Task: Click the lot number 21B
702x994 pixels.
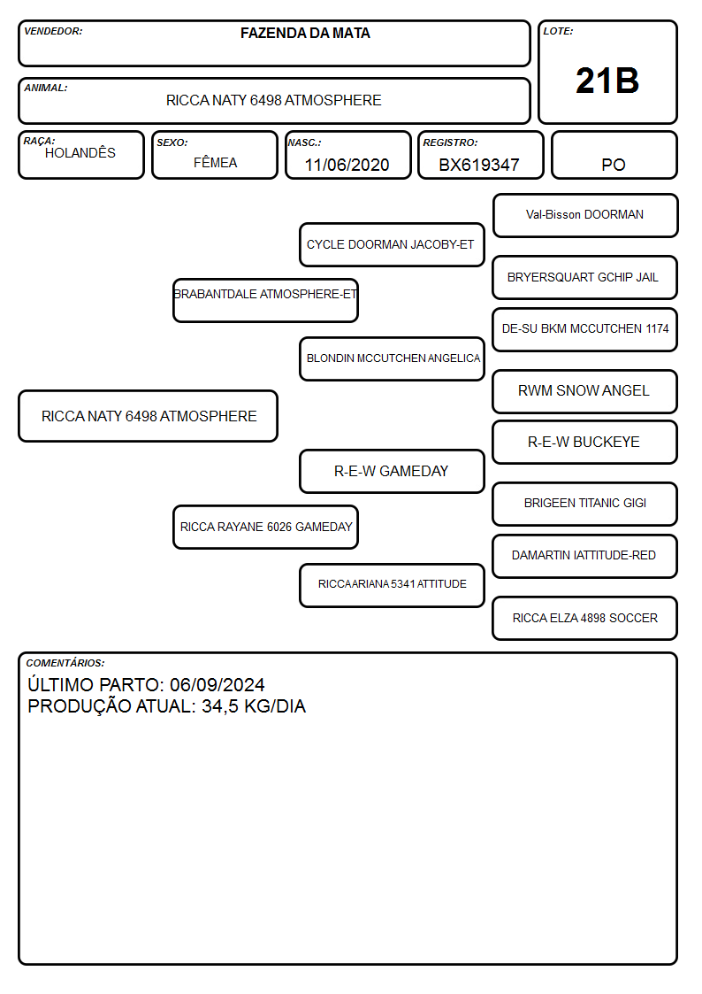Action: point(607,81)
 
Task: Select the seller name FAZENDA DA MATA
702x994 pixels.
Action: point(305,33)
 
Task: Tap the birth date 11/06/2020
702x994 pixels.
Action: point(347,165)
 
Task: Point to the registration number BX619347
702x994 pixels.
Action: point(479,165)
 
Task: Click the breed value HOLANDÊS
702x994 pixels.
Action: point(80,152)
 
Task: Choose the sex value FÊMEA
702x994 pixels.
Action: point(215,162)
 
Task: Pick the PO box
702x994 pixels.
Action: point(614,155)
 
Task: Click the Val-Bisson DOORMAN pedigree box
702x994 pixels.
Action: point(585,216)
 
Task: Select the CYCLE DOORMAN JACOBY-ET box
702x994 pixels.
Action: point(392,244)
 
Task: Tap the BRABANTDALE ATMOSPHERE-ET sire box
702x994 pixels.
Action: point(265,300)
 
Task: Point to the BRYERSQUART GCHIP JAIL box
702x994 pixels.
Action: point(584,278)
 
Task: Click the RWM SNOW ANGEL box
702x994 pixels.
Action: point(584,392)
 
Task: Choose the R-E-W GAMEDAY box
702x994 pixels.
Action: point(392,472)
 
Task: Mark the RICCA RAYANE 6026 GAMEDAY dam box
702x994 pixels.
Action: point(265,528)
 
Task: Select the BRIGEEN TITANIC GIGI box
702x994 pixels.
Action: point(584,504)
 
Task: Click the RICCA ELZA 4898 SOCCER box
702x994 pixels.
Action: point(584,618)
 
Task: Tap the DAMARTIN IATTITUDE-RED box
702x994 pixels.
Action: point(584,557)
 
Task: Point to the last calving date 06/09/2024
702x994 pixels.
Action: point(217,684)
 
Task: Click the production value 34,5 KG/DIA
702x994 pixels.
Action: point(253,706)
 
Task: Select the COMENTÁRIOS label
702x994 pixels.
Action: point(65,663)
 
